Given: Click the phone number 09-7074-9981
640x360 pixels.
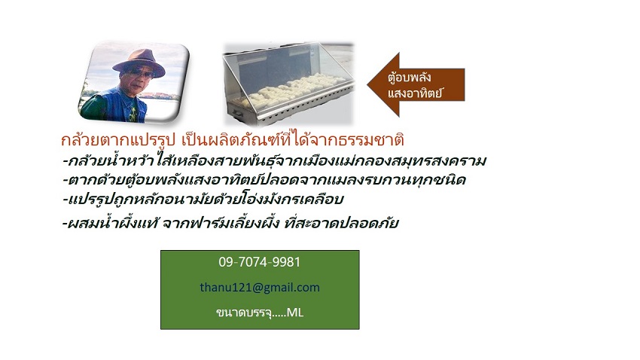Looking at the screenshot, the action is pyautogui.click(x=259, y=261).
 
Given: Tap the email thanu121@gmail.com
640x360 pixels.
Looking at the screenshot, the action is pyautogui.click(x=260, y=288).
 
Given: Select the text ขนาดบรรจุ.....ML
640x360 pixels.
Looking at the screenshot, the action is pyautogui.click(x=260, y=313).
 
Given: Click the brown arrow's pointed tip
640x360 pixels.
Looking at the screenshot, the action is pyautogui.click(x=367, y=85).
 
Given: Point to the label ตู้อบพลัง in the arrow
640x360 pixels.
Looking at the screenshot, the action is pyautogui.click(x=410, y=77).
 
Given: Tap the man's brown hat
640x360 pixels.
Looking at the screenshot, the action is pyautogui.click(x=139, y=60).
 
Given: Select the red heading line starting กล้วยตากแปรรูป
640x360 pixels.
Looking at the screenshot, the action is pyautogui.click(x=232, y=140).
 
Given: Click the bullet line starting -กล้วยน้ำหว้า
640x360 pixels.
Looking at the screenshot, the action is pyautogui.click(x=274, y=161).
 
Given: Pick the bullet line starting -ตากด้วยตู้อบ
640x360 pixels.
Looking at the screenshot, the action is pyautogui.click(x=264, y=179).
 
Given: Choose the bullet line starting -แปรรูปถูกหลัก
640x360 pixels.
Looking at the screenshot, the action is pyautogui.click(x=203, y=199).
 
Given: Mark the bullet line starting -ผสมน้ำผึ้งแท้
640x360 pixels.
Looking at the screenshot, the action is pyautogui.click(x=230, y=223).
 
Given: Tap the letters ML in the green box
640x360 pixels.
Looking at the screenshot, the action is pyautogui.click(x=294, y=313).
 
